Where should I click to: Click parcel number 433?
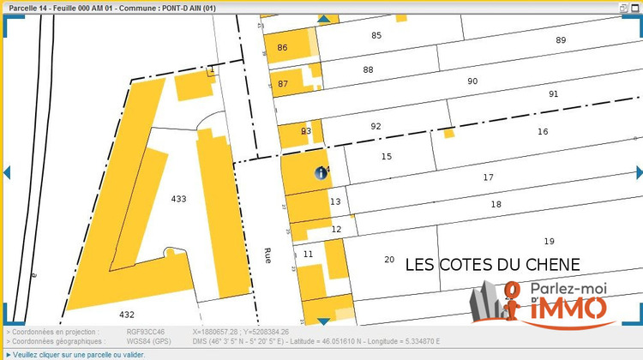pyautogui.click(x=178, y=199)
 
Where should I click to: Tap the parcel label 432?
pyautogui.click(x=127, y=315)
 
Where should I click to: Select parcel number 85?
pyautogui.click(x=376, y=35)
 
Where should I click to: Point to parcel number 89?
pyautogui.click(x=561, y=40)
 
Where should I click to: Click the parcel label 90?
pyautogui.click(x=472, y=81)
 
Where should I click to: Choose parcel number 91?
pyautogui.click(x=554, y=93)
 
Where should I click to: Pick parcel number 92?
pyautogui.click(x=376, y=126)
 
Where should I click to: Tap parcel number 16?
pyautogui.click(x=542, y=131)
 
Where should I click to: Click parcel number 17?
pyautogui.click(x=488, y=177)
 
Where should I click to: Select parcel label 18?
pyautogui.click(x=496, y=204)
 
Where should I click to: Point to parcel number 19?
pyautogui.click(x=549, y=241)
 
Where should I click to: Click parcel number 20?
pyautogui.click(x=389, y=260)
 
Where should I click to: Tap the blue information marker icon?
pyautogui.click(x=321, y=173)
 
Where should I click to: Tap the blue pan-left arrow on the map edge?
pyautogui.click(x=6, y=172)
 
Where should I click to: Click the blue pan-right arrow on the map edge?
pyautogui.click(x=637, y=172)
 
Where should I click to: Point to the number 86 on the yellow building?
pyautogui.click(x=283, y=47)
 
